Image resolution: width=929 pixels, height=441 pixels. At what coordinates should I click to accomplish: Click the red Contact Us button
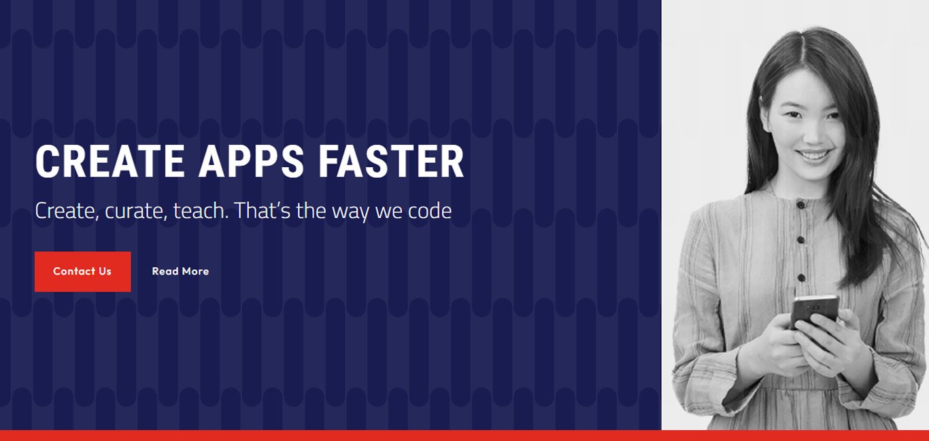pos(82,272)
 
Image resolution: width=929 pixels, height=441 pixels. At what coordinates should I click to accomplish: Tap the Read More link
pos(180,271)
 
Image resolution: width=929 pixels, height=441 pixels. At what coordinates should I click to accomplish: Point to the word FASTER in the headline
pos(391,161)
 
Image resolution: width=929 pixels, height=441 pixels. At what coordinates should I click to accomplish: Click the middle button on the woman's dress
pos(800,240)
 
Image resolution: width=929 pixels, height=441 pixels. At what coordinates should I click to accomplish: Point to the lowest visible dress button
pos(801,277)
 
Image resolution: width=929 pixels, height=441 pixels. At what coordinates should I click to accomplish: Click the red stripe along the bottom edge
pos(464,436)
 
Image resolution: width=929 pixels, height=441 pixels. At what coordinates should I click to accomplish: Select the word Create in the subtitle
pos(67,211)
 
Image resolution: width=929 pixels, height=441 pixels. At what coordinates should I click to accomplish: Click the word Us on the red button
pos(105,272)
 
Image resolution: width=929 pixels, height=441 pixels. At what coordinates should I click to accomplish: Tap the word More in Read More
pos(195,272)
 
